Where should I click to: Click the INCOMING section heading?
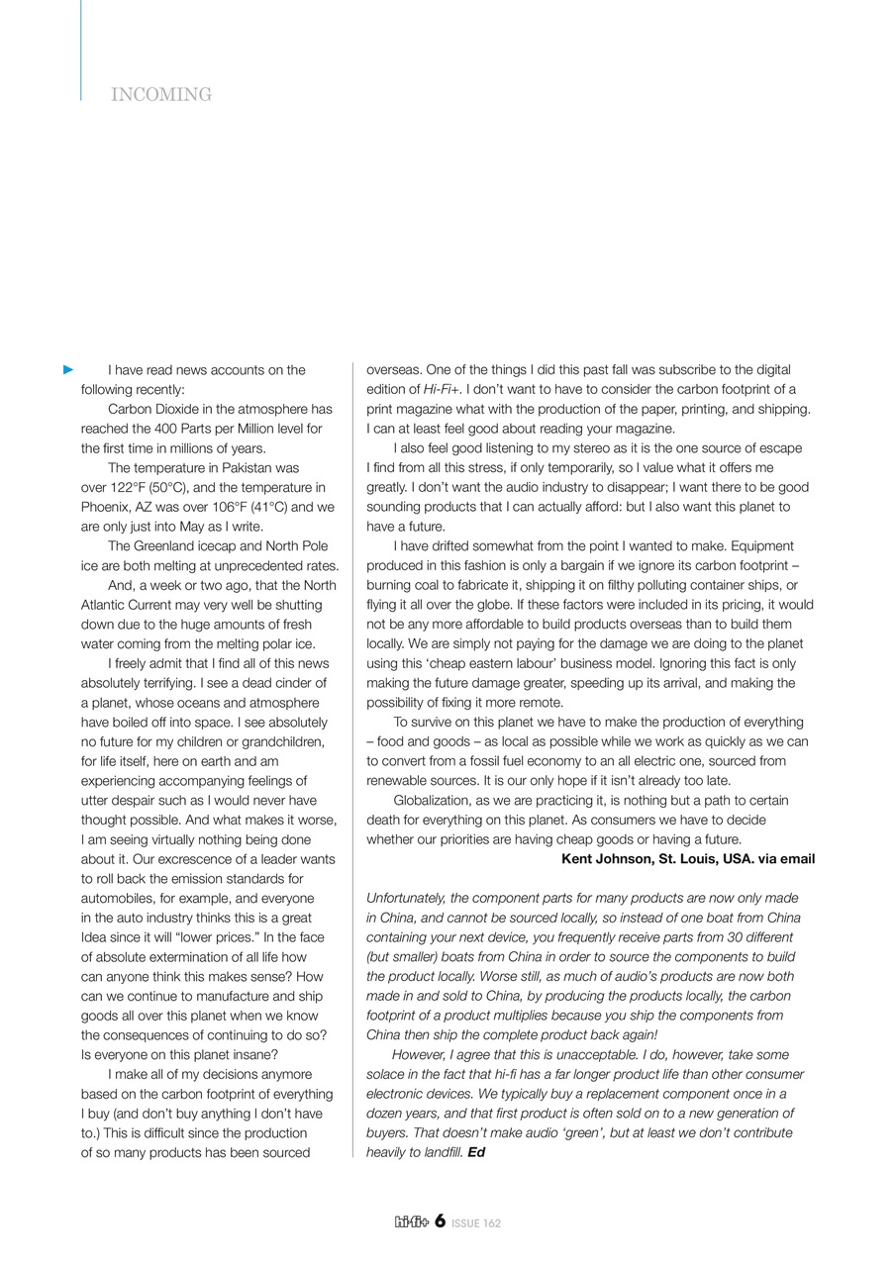pos(161,95)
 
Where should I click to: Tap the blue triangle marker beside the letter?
pos(68,370)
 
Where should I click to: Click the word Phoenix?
pos(106,507)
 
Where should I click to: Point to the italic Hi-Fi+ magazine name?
pos(442,390)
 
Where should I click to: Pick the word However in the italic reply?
pos(419,1055)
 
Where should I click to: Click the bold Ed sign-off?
pos(476,1153)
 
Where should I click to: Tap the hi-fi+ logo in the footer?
pos(411,1222)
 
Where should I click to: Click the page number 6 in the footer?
pos(440,1221)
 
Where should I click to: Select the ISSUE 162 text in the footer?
pos(476,1223)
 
